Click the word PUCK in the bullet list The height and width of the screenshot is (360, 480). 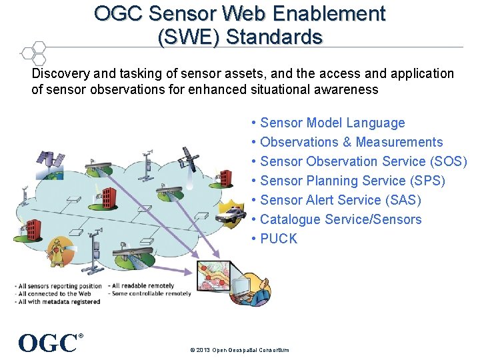(x=279, y=239)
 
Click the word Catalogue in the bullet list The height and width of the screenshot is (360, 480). (x=291, y=219)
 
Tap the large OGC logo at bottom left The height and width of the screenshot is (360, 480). (x=48, y=342)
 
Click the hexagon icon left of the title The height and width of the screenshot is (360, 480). (x=31, y=52)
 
